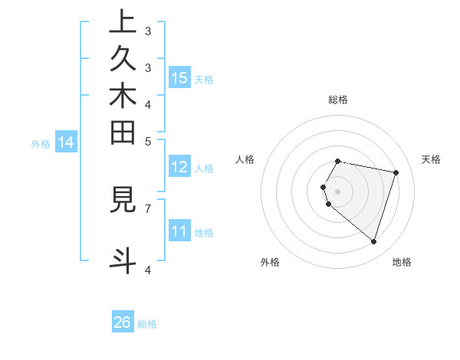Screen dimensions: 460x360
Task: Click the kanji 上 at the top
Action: click(123, 23)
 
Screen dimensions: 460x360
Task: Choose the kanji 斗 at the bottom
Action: click(123, 259)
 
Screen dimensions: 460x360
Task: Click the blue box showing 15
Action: click(179, 77)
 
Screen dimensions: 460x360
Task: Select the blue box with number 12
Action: click(179, 167)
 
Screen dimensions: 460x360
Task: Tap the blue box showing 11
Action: click(179, 231)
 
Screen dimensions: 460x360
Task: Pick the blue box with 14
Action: click(66, 142)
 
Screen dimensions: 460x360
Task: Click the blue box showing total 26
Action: click(123, 322)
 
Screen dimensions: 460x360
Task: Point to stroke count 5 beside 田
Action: click(148, 141)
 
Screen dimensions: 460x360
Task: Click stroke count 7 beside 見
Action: click(148, 208)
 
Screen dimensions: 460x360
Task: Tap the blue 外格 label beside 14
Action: click(41, 142)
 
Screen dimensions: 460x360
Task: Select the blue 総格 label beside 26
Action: click(147, 324)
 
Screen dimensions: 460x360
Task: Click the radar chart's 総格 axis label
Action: click(338, 100)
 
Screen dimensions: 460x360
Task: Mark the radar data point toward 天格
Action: click(396, 173)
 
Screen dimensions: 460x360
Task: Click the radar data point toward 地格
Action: click(373, 242)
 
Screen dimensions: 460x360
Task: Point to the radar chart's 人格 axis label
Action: click(245, 159)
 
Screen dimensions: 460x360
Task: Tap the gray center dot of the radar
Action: click(338, 191)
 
